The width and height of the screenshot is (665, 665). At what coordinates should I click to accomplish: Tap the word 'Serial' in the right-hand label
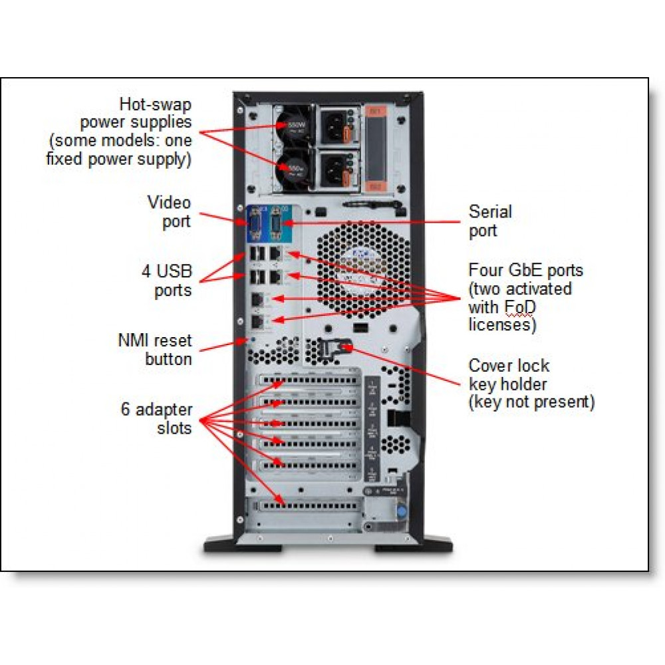(x=490, y=212)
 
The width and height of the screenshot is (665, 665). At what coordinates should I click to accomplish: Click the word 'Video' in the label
(x=168, y=203)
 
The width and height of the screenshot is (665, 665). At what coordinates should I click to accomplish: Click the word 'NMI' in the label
(x=134, y=340)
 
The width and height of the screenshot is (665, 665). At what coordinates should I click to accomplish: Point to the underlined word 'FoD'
(x=521, y=307)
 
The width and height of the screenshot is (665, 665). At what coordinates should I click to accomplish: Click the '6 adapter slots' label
(x=156, y=418)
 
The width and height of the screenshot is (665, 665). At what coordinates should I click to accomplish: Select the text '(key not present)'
(x=531, y=402)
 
